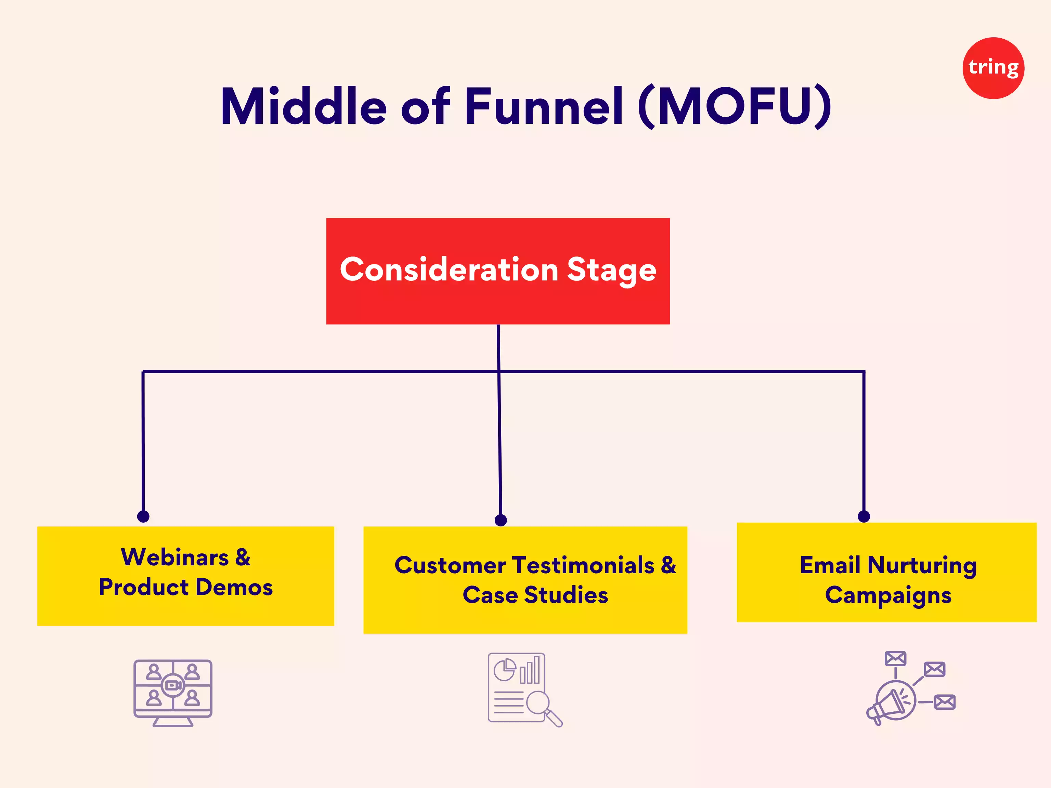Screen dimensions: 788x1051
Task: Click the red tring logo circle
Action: [x=993, y=68]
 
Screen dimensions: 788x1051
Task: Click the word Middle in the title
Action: [x=304, y=106]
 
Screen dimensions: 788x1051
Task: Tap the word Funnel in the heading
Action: [x=544, y=106]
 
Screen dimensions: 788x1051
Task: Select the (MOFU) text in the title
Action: [x=735, y=106]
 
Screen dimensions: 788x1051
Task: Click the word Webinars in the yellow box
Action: [x=175, y=557]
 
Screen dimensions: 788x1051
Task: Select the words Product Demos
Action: [x=186, y=587]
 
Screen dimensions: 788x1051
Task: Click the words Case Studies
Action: [x=535, y=595]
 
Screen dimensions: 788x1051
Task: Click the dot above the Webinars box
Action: [x=143, y=516]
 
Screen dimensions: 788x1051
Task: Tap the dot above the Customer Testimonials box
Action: [x=501, y=520]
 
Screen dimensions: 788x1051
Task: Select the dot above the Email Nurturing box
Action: [x=864, y=516]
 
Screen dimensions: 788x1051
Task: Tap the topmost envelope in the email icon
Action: [x=895, y=658]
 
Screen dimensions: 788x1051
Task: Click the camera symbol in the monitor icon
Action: [x=173, y=685]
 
